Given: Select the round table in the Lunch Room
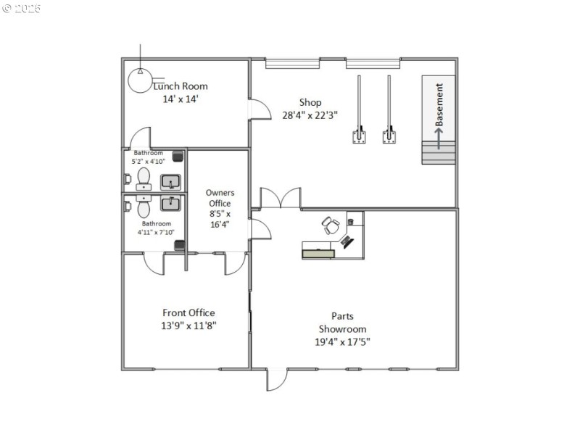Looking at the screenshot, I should pyautogui.click(x=140, y=80).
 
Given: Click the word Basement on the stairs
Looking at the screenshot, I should pyautogui.click(x=439, y=105).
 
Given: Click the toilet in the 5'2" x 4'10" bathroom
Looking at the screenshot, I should pyautogui.click(x=142, y=177).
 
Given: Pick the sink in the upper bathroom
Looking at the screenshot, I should pyautogui.click(x=170, y=181).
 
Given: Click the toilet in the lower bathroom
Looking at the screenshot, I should pyautogui.click(x=142, y=208).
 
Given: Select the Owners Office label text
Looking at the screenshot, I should pyautogui.click(x=220, y=198).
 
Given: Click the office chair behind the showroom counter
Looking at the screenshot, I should pyautogui.click(x=331, y=225).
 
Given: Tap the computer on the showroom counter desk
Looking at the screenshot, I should pyautogui.click(x=348, y=241).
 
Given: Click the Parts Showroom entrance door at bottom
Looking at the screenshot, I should pyautogui.click(x=276, y=379).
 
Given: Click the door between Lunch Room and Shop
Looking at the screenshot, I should pyautogui.click(x=258, y=108).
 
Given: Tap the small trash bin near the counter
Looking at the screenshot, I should pyautogui.click(x=351, y=220).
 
